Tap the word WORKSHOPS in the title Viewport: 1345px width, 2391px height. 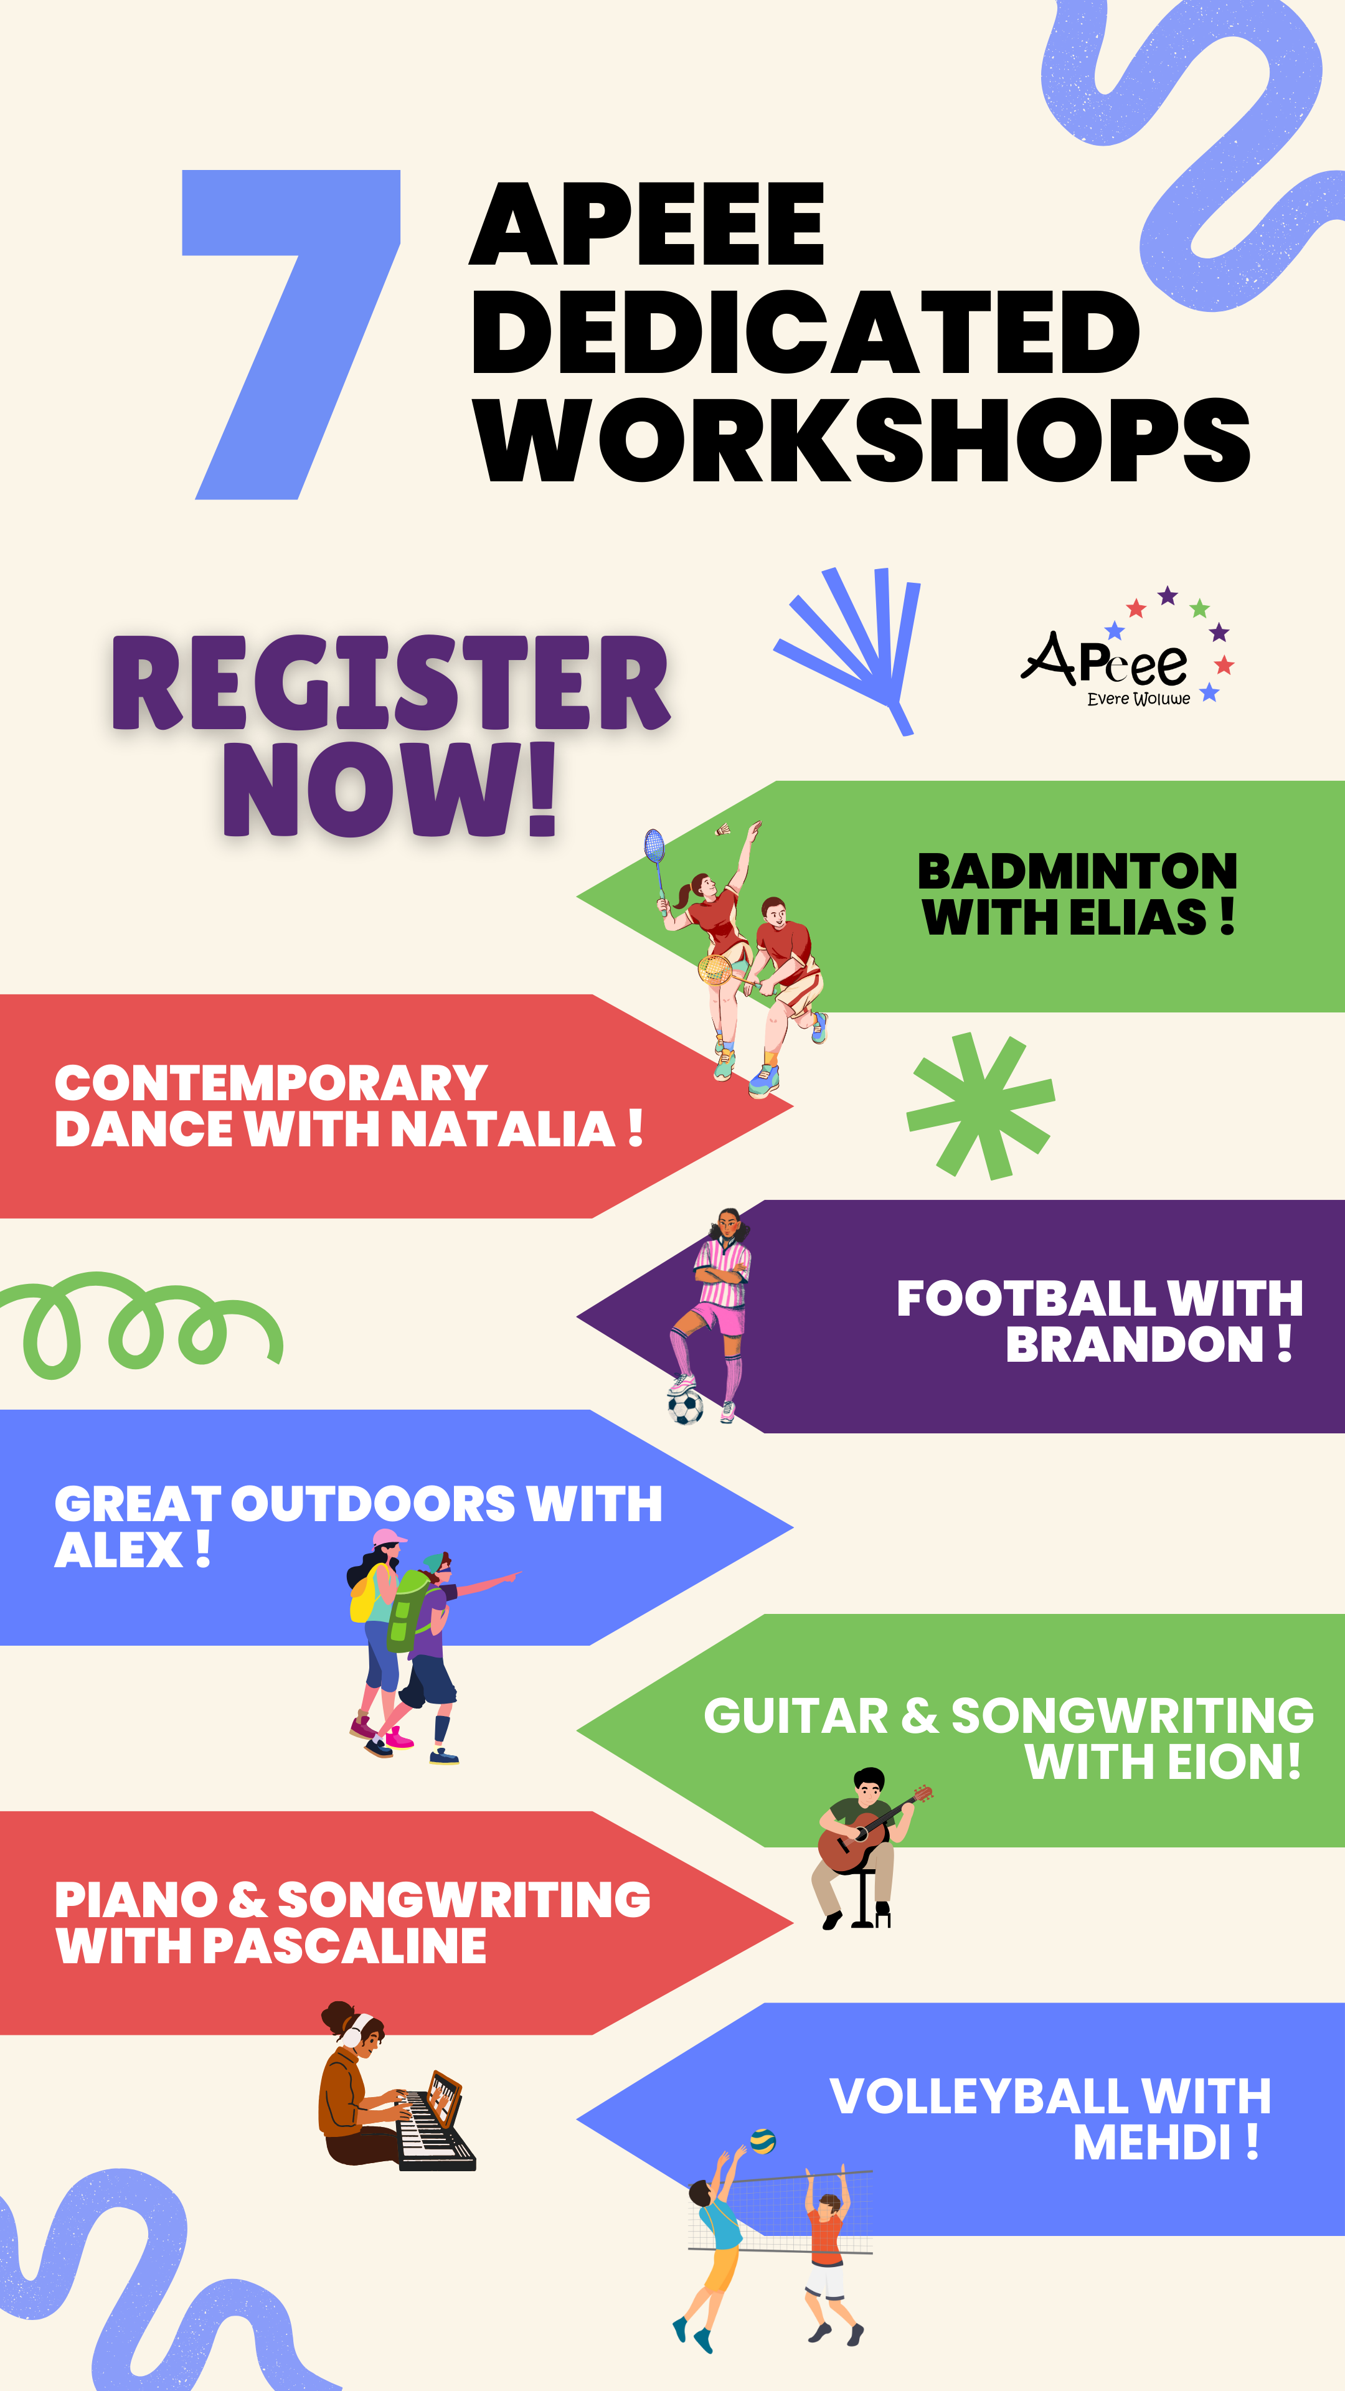862,440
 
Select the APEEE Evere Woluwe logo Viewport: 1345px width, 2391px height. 1128,648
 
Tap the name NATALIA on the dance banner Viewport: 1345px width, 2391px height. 502,1129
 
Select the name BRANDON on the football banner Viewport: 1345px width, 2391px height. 1135,1344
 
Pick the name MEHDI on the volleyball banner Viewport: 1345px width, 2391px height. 1152,2142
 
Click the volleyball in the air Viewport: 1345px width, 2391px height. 762,2141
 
